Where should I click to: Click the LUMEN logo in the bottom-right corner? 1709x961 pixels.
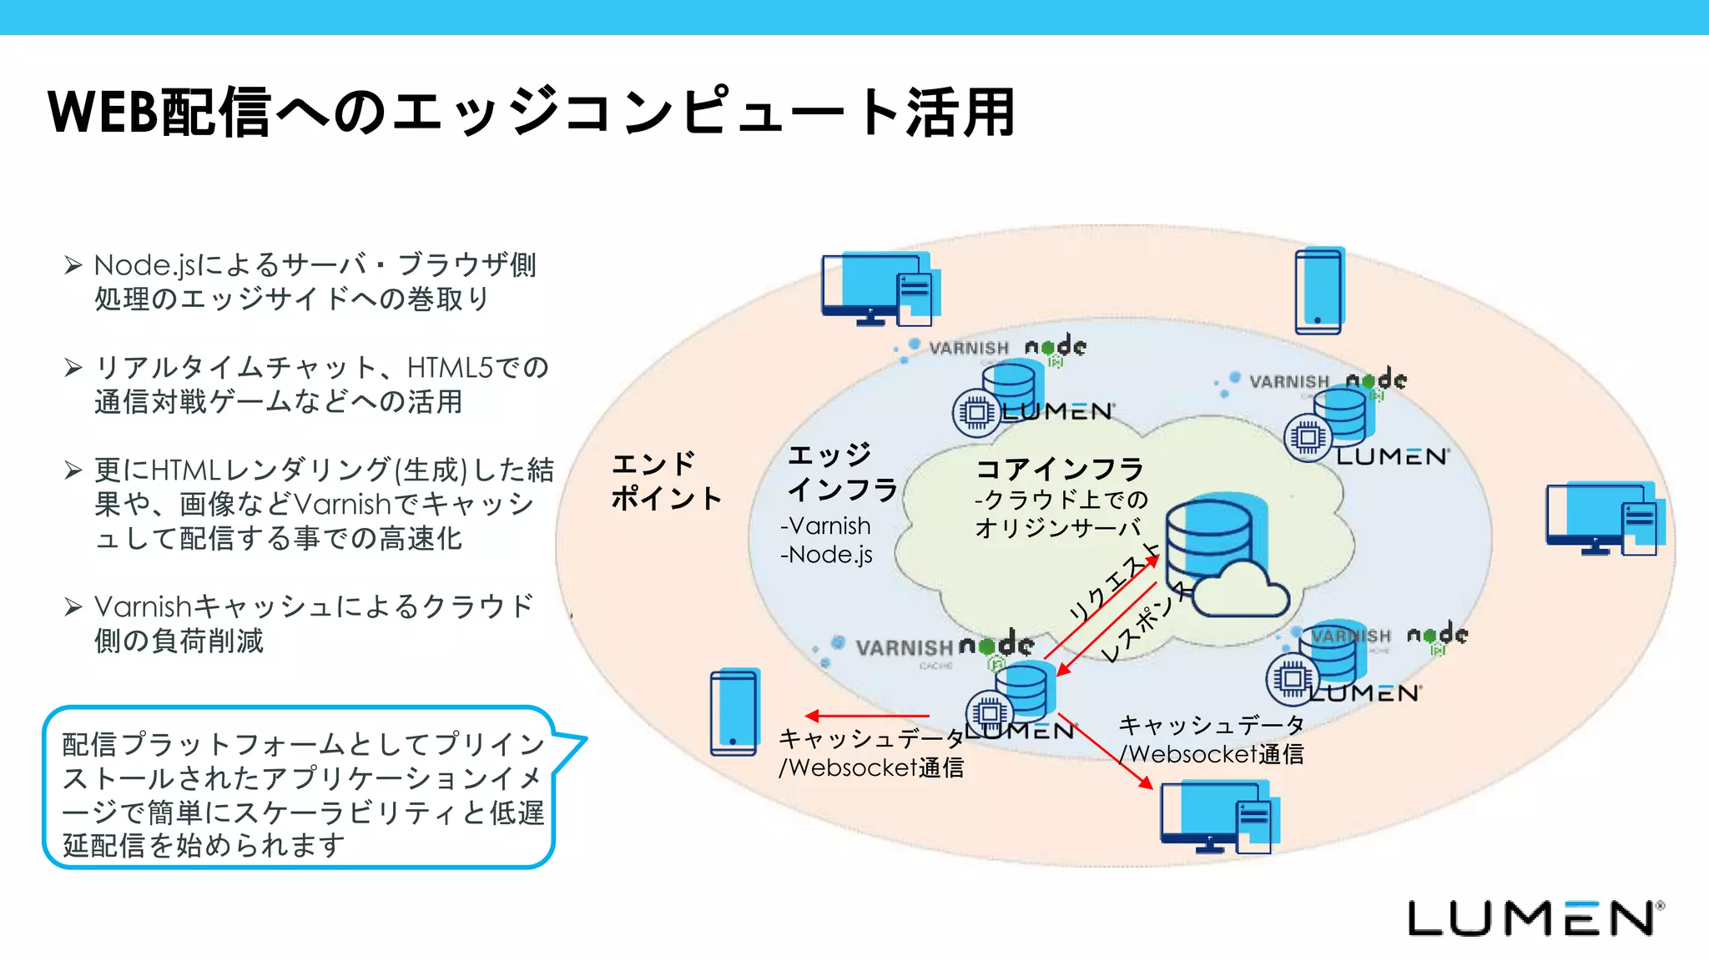(x=1534, y=918)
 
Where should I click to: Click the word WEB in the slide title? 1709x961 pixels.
(x=103, y=112)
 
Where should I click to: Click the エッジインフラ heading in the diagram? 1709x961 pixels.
(x=840, y=472)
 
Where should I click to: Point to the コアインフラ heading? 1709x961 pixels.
(x=1059, y=469)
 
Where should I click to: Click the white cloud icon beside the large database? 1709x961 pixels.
(x=1241, y=590)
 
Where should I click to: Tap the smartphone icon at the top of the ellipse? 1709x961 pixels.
(x=1318, y=291)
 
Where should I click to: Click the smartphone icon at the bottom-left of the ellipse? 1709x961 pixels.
(x=734, y=712)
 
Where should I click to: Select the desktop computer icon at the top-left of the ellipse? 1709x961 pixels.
(x=878, y=289)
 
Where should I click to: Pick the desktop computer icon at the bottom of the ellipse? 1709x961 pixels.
(x=1217, y=817)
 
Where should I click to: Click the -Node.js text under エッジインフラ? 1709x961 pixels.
(x=826, y=555)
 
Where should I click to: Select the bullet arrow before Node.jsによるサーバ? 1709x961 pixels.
(x=73, y=265)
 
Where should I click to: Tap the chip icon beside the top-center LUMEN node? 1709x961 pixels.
(x=975, y=412)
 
